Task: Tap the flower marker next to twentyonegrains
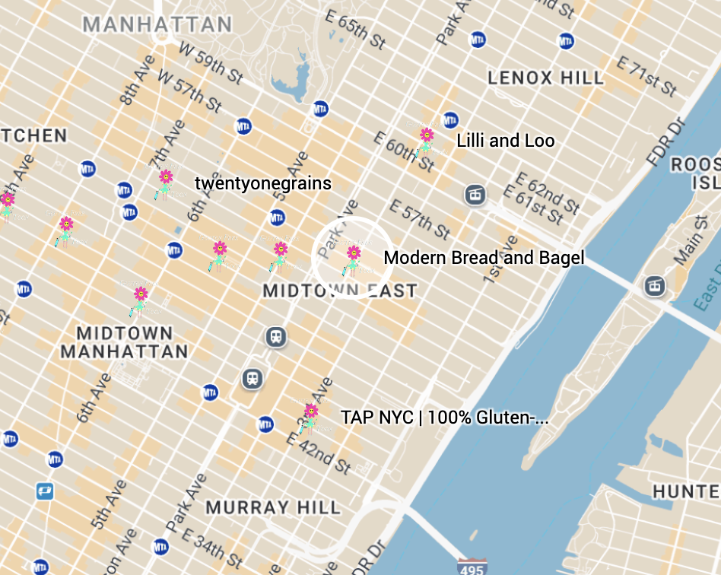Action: click(165, 181)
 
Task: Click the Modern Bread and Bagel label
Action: click(484, 258)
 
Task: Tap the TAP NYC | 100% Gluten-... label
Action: click(444, 418)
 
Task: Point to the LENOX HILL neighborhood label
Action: click(545, 78)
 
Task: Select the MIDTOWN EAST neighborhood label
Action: click(339, 291)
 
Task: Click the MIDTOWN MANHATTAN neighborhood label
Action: click(124, 342)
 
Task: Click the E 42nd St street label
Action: click(319, 450)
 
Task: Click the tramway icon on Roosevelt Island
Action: click(653, 286)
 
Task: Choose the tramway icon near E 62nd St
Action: click(475, 195)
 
